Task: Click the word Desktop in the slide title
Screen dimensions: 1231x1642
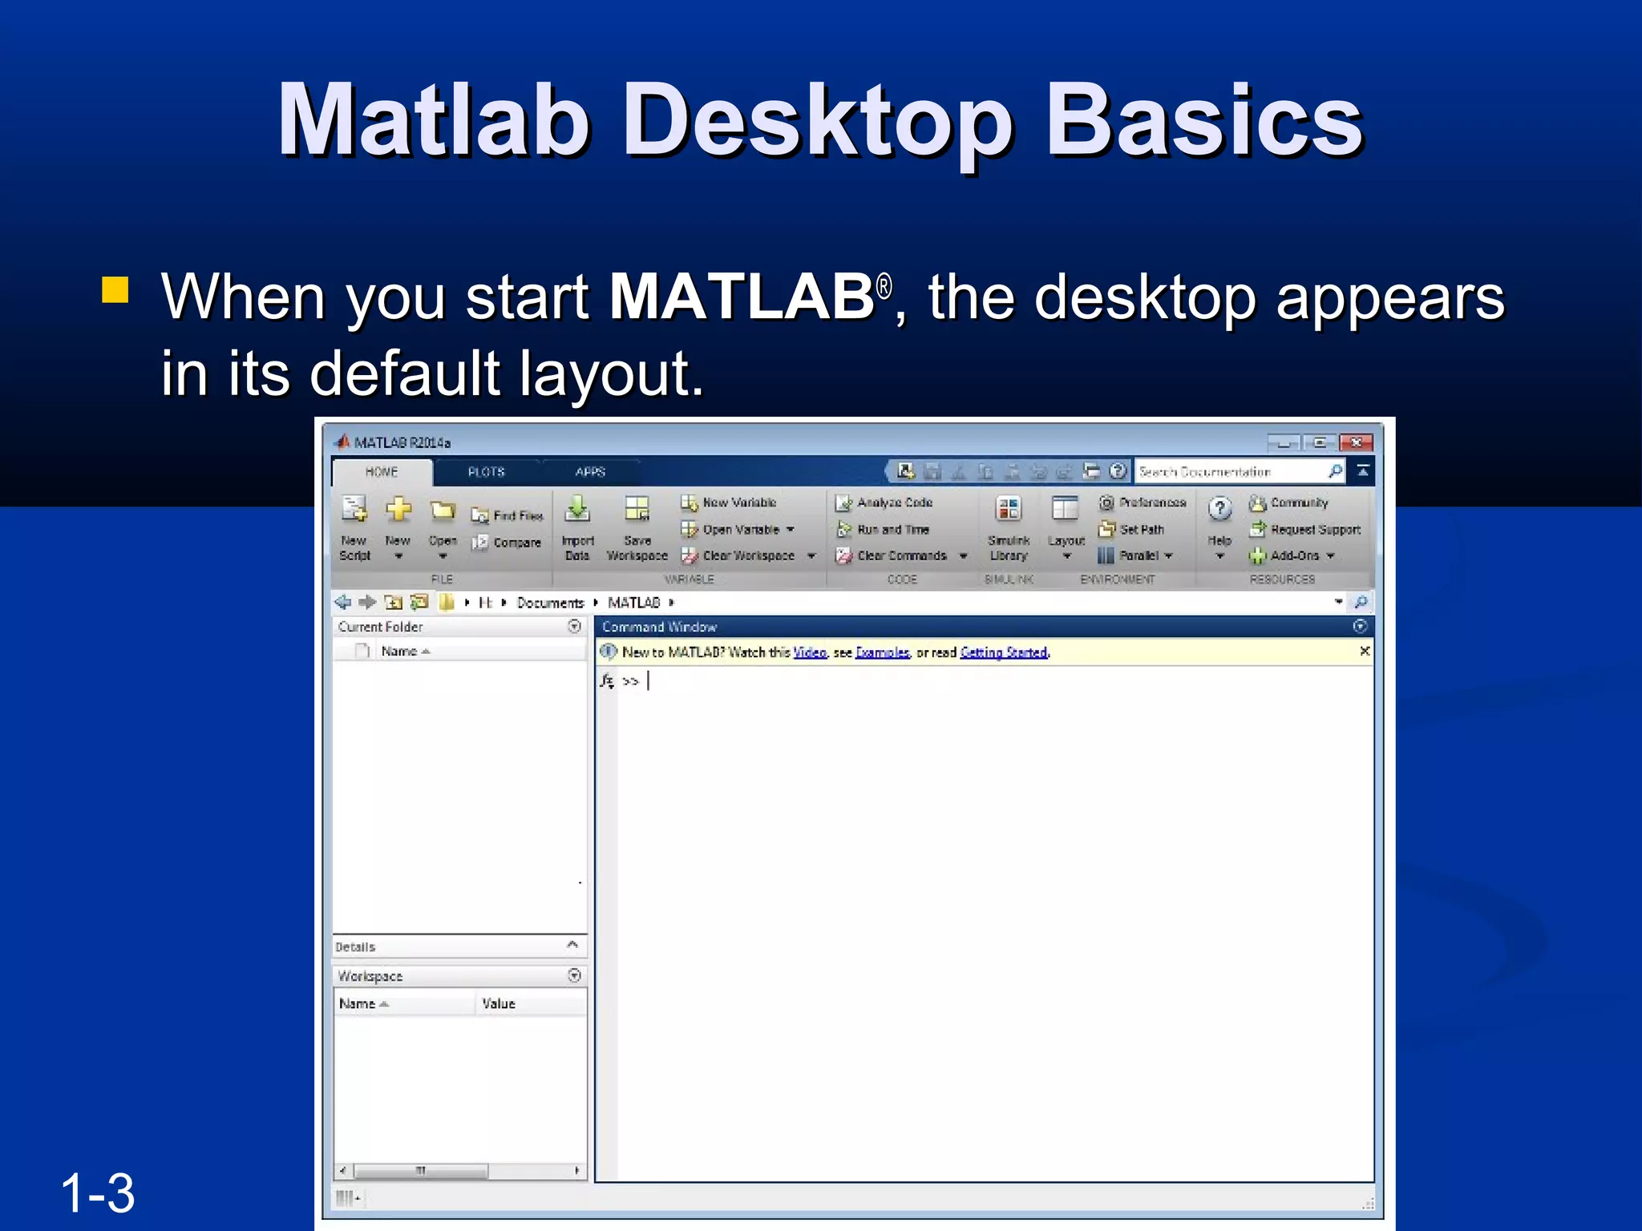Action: tap(818, 122)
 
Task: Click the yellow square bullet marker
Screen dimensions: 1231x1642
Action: tap(115, 289)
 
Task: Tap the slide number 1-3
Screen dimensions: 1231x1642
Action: tap(98, 1193)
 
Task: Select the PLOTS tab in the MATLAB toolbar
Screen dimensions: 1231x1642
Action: tap(486, 472)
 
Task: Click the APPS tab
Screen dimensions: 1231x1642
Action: tap(590, 472)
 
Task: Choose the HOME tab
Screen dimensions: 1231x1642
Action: tap(382, 472)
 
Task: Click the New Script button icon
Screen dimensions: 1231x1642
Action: tap(354, 510)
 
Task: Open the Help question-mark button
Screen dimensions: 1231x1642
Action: tap(1219, 510)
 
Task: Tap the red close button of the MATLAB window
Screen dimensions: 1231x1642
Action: tap(1356, 442)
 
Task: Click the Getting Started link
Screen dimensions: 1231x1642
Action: tap(1004, 652)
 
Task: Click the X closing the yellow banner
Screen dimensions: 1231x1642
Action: tap(1365, 652)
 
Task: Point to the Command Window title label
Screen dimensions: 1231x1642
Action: tap(659, 627)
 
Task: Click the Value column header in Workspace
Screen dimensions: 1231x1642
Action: tap(499, 1003)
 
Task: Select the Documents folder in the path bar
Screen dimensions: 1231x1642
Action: tap(550, 603)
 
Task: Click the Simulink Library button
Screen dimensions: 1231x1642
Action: tap(1009, 525)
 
